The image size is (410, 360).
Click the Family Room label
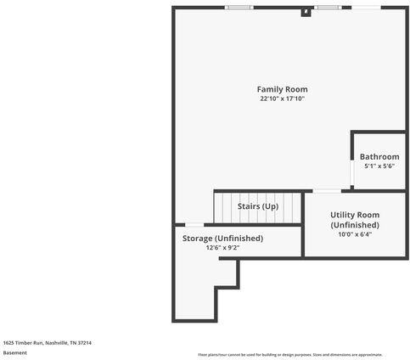coord(282,89)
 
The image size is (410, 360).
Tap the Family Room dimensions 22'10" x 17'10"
coord(282,98)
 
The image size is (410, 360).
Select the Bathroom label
coord(379,157)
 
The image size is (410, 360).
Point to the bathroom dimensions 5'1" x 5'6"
coord(379,166)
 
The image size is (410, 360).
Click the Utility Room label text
coord(355,215)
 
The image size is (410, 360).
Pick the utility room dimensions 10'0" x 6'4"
coord(355,234)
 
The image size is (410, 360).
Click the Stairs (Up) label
coord(258,206)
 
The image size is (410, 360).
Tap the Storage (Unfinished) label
coord(222,239)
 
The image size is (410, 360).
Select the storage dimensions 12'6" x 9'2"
coord(222,248)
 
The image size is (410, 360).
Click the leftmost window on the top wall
coord(239,8)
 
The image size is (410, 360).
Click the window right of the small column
coord(327,8)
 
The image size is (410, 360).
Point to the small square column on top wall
coord(306,12)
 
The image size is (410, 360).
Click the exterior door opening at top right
coord(366,8)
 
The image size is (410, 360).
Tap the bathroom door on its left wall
coord(352,172)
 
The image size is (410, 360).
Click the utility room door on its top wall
coord(327,191)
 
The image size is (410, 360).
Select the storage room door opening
coord(194,224)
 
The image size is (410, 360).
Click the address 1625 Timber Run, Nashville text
coord(47,342)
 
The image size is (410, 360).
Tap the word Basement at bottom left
coord(15,352)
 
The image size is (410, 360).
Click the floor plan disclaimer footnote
coord(290,355)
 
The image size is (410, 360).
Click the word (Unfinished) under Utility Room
coord(355,224)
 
